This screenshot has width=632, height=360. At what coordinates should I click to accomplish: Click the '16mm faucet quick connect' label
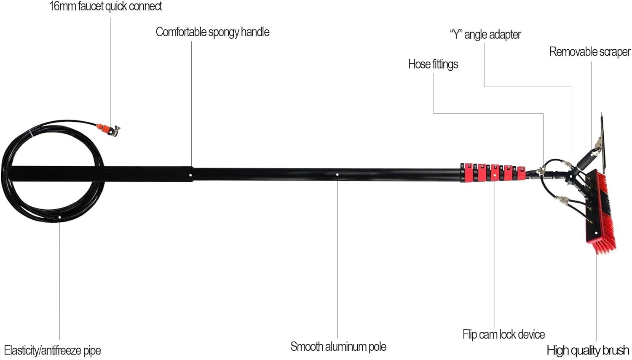point(105,6)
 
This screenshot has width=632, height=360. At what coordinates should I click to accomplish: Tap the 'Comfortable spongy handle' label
point(212,32)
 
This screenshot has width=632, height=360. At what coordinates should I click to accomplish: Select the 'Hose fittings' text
point(433,64)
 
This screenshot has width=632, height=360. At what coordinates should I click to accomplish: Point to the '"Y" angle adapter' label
point(485,35)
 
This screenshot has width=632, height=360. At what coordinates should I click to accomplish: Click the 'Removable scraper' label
point(589,52)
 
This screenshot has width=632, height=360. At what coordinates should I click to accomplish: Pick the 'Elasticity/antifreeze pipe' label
point(52,350)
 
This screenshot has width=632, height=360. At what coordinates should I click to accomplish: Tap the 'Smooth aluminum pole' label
point(338,347)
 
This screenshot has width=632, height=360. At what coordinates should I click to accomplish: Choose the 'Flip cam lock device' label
point(503,335)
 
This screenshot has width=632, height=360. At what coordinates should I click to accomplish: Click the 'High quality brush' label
point(588,350)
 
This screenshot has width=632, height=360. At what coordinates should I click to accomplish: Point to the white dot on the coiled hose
point(60,217)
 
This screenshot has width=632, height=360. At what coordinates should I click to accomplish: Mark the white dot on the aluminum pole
point(337,174)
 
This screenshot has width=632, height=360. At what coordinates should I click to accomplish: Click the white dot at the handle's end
point(191,175)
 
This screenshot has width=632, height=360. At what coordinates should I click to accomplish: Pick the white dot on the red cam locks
point(495,173)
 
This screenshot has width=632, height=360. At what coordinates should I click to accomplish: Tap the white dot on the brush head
point(596,233)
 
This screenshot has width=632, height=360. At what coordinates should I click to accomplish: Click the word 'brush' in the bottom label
point(615,350)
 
